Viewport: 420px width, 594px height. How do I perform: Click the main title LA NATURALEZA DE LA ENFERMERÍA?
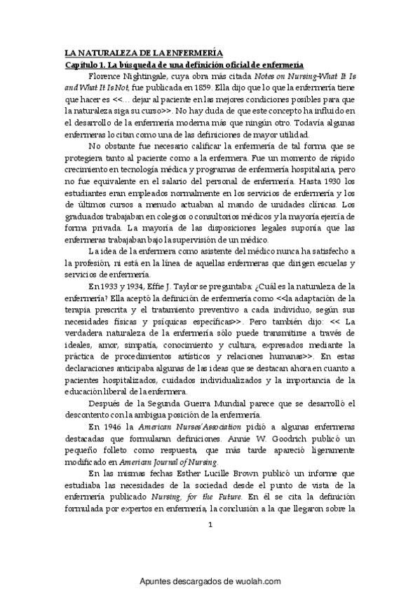tap(144, 53)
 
